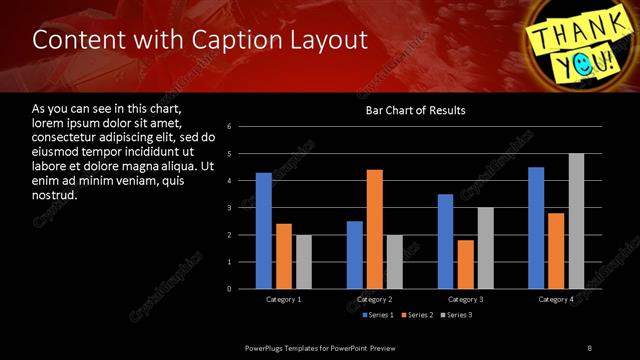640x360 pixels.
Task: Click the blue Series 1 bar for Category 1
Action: (263, 231)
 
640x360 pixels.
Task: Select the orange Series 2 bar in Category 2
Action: (375, 229)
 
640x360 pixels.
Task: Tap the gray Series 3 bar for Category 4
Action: (576, 221)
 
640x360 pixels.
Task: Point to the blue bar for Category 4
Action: (536, 228)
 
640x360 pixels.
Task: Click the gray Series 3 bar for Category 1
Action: (303, 262)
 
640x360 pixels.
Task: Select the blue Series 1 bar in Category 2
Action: (355, 255)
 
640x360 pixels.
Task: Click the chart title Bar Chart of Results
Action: (416, 110)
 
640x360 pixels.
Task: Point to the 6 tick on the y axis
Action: (230, 127)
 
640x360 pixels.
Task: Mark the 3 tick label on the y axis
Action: (230, 208)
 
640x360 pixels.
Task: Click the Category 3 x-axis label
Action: (465, 299)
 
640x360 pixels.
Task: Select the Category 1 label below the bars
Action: (283, 299)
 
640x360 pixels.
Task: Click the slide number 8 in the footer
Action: (589, 347)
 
